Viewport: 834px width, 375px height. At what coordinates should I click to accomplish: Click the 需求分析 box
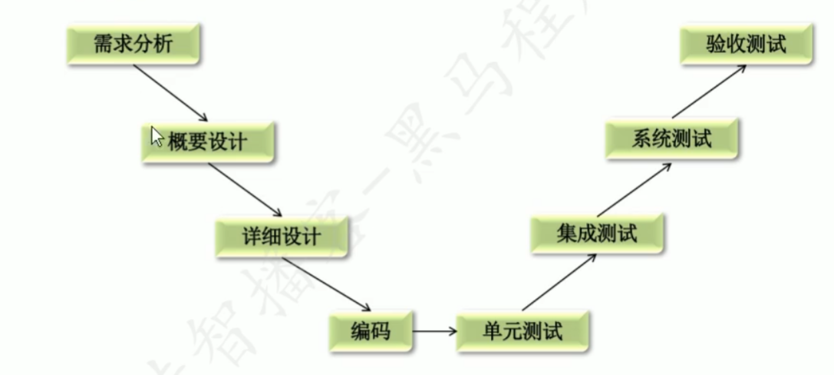tap(131, 45)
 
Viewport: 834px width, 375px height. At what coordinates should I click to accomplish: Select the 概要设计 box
tap(207, 141)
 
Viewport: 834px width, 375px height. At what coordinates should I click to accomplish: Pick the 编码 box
tap(371, 332)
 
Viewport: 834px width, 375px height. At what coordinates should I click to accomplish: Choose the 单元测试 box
tap(522, 332)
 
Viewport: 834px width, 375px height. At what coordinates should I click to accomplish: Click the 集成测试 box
tap(596, 233)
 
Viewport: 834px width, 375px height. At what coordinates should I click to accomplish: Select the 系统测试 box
tap(671, 139)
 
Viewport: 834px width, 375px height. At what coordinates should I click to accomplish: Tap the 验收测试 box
tap(746, 45)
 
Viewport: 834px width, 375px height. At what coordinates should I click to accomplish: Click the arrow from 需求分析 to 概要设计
tap(170, 93)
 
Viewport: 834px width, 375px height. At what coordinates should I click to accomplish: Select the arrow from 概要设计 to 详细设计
tap(245, 189)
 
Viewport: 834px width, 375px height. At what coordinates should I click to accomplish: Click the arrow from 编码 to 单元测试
tap(434, 332)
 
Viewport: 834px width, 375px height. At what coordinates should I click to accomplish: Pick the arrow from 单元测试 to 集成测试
tap(559, 284)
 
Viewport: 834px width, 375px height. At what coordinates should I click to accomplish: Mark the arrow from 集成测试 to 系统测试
tap(635, 187)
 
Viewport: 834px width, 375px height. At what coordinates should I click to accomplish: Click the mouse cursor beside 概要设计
tap(157, 137)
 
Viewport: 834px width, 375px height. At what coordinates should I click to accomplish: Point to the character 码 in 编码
tap(381, 332)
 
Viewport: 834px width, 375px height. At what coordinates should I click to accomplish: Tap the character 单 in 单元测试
tap(493, 332)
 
